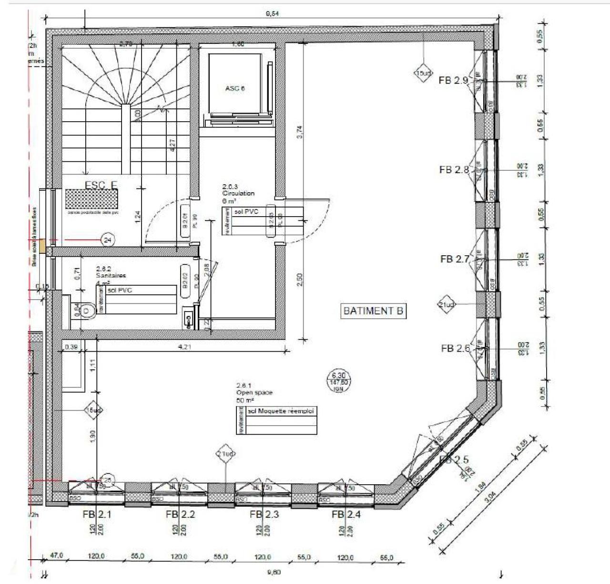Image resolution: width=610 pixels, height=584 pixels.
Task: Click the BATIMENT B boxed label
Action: click(374, 311)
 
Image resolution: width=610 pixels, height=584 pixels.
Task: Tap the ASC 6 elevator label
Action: click(235, 88)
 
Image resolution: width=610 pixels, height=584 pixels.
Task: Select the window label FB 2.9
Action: click(453, 81)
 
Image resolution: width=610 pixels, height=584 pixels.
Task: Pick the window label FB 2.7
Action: click(455, 259)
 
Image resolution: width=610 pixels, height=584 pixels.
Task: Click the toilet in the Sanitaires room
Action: click(86, 311)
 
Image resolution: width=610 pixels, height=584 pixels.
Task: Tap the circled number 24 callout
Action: click(107, 240)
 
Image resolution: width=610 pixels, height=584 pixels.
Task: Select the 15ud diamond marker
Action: click(422, 73)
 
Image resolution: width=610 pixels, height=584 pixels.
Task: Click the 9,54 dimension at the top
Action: click(272, 14)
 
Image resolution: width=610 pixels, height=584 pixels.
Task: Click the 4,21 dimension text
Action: click(184, 347)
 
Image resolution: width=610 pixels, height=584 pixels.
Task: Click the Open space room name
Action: click(254, 393)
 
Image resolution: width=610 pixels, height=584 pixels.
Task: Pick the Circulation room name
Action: click(238, 194)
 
